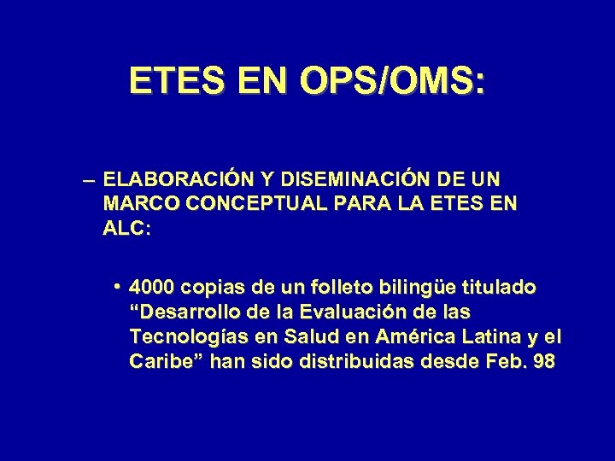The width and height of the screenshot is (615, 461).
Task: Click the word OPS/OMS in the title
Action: pyautogui.click(x=388, y=82)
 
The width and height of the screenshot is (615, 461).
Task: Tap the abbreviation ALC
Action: pyautogui.click(x=124, y=230)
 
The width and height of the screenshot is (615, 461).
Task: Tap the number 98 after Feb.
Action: pyautogui.click(x=543, y=362)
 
